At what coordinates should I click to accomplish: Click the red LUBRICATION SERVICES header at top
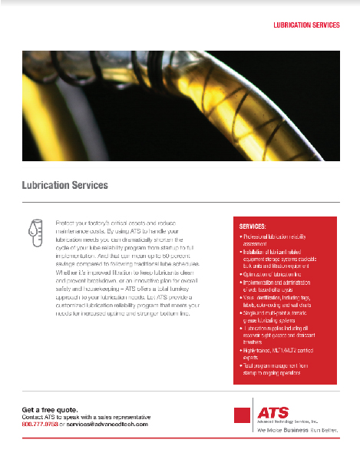306,25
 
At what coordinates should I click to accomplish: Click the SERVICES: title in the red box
253,227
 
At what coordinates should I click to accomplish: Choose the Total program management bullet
276,369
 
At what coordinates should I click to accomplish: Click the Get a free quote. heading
50,410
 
